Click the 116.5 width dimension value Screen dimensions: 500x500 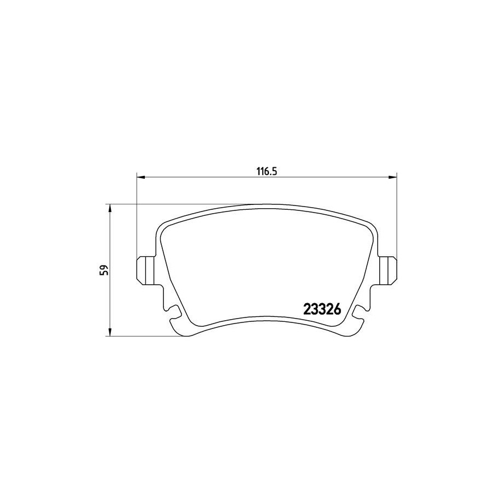point(266,171)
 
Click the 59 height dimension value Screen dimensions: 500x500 point(104,270)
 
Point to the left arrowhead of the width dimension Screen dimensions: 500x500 point(140,177)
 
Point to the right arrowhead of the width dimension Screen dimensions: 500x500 point(392,177)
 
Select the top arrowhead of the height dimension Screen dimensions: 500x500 point(110,208)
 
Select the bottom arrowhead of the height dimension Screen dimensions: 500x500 point(110,331)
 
